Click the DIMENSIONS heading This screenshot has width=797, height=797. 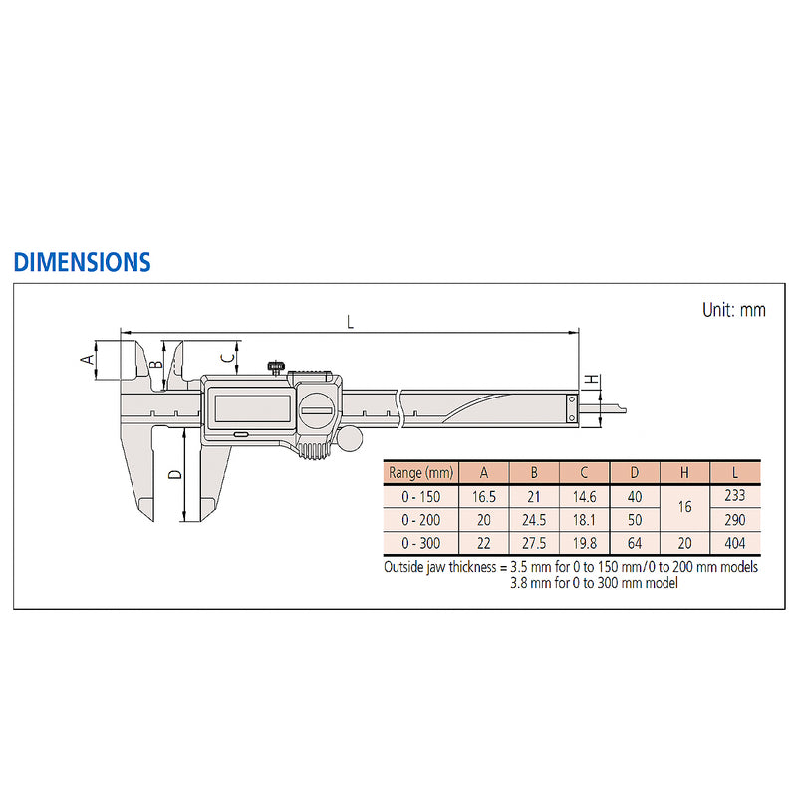[x=82, y=262]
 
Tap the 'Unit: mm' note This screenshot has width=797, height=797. [x=733, y=310]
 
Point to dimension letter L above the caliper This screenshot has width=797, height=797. [x=350, y=322]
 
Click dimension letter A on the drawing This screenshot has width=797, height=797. [x=88, y=360]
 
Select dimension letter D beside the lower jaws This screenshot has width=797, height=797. [x=175, y=474]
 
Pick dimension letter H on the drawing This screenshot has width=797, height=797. [x=591, y=380]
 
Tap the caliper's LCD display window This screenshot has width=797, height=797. [x=253, y=408]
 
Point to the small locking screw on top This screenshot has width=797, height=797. [x=276, y=368]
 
